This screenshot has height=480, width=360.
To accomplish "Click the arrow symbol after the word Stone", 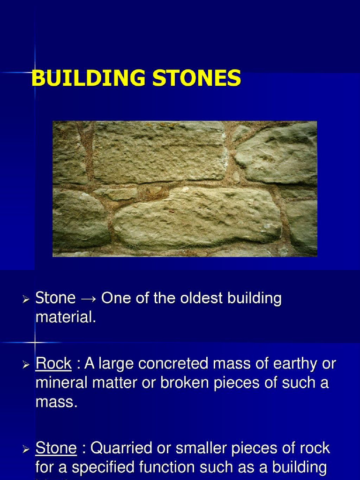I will tap(88, 298).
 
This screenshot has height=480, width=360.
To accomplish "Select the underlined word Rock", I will tap(53, 363).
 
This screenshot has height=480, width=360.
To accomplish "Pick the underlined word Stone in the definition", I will tap(56, 448).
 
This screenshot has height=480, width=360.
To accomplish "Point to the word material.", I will tap(66, 317).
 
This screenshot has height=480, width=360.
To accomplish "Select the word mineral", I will tap(62, 382).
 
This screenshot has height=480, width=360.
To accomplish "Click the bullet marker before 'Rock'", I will tap(26, 364).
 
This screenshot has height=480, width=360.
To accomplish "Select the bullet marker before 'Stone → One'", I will tap(26, 299).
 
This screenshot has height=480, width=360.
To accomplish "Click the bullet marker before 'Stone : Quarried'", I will tap(26, 449).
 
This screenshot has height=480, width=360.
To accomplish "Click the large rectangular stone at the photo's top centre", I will tap(159, 152).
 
